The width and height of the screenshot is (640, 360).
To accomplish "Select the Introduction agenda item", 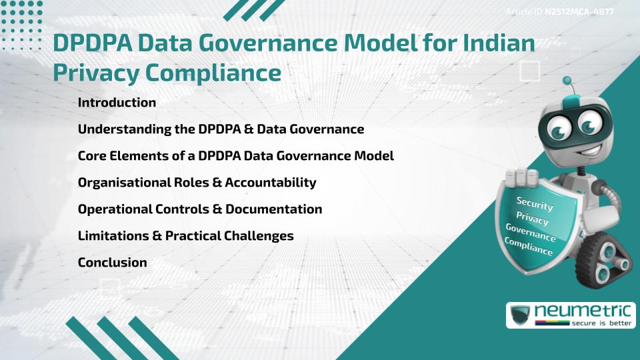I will pos(117,103).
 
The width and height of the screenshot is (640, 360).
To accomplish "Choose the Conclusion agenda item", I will pos(112,263).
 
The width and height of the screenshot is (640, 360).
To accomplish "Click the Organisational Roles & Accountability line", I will pos(197,183).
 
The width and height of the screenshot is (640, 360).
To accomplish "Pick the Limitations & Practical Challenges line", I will pos(185,236).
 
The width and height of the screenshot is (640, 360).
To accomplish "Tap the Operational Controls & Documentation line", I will pos(199,209).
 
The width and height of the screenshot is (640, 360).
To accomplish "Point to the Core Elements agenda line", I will pos(235,156).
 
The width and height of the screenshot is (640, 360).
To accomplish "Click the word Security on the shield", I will pos(535,203).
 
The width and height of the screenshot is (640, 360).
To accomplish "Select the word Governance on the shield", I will pos(531,232).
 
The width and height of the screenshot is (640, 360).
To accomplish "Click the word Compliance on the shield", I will pos(529,246).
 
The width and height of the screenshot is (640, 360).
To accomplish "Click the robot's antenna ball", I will pos(568,81).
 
